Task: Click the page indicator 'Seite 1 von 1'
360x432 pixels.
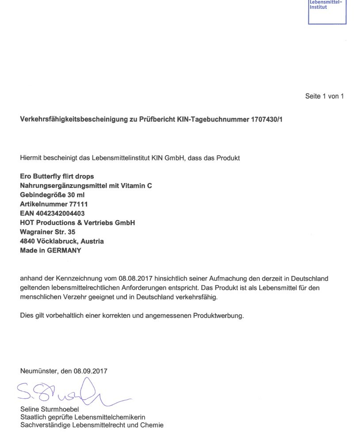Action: (324, 96)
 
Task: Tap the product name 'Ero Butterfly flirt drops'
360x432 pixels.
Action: (57, 176)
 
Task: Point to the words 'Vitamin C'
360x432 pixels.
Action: (137, 186)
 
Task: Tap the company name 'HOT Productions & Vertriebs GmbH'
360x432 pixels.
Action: (77, 223)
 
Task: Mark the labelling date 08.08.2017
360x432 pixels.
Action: (133, 279)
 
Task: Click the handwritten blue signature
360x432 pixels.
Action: (71, 391)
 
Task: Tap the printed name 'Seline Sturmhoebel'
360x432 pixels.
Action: (50, 409)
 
